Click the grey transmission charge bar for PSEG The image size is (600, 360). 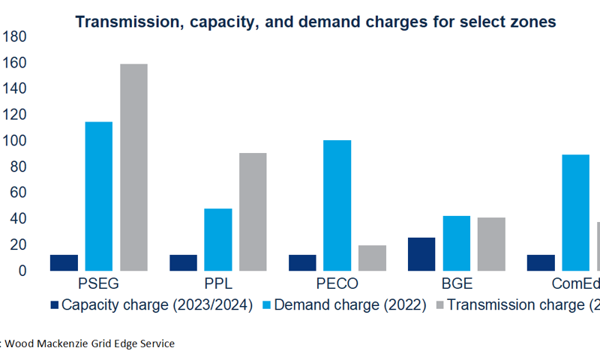point(133,167)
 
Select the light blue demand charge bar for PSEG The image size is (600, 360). point(99,196)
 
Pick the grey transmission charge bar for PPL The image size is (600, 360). point(253,211)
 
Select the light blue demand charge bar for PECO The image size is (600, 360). point(337,205)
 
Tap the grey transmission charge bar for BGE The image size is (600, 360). point(491,244)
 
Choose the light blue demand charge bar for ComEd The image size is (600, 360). point(575,212)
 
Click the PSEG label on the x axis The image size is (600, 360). point(99,284)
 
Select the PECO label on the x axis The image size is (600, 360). point(337,284)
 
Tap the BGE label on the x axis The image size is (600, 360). point(457,284)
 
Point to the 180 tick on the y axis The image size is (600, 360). point(16,37)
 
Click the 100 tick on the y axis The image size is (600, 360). point(16,141)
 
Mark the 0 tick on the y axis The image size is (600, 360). point(23,271)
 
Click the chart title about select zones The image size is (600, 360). point(315,22)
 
